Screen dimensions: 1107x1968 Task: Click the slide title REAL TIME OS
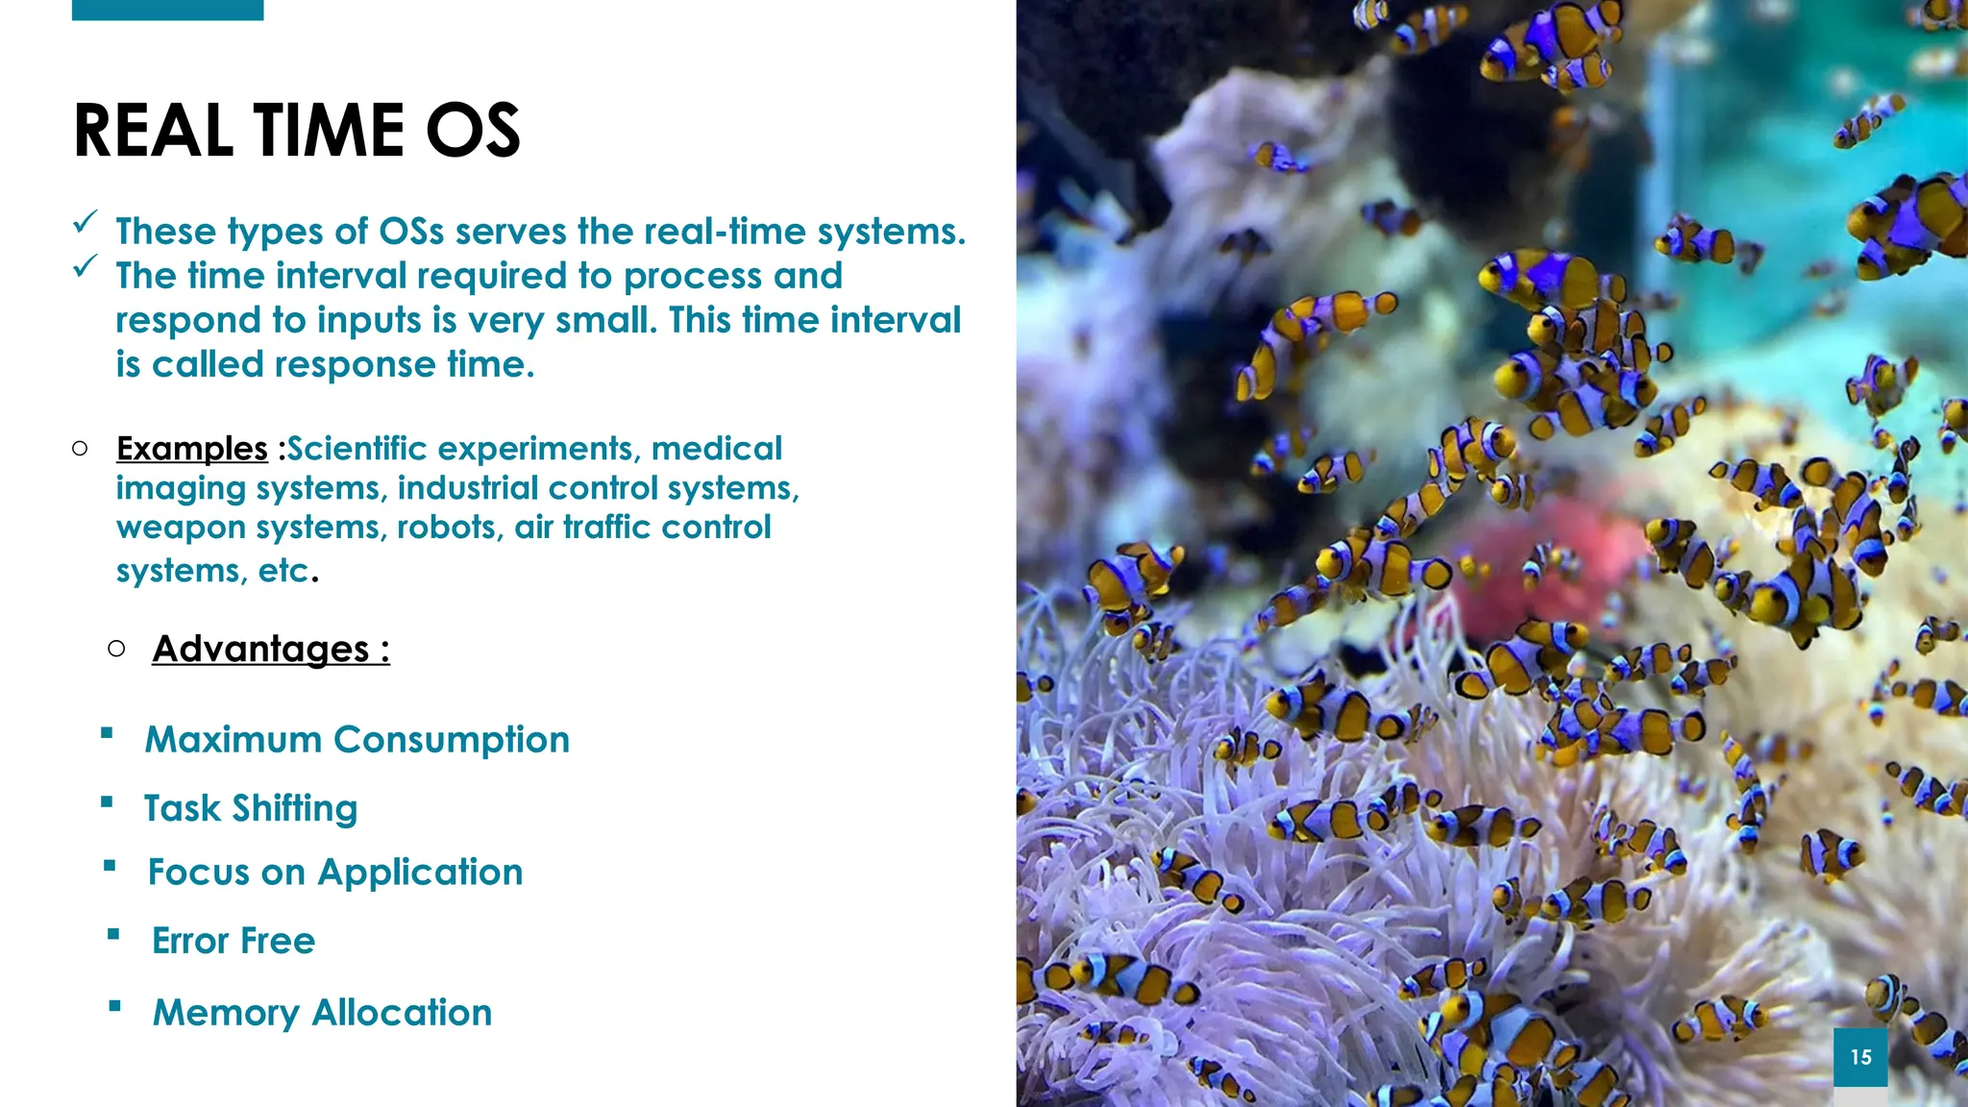296,131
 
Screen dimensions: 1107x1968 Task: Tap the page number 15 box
1859,1057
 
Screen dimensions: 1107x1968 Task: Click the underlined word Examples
191,449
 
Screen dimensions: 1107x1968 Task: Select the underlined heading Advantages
270,650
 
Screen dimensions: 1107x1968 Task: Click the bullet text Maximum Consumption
357,740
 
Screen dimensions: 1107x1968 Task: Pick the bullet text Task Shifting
250,808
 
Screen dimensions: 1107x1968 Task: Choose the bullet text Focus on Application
334,873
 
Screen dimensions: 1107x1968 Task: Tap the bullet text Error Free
233,941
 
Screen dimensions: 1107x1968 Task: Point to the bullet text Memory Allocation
322,1013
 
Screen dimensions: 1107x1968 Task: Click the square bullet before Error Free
113,934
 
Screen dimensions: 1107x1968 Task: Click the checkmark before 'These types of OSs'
85,224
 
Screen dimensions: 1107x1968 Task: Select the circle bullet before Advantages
116,650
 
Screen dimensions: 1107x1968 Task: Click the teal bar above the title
167,10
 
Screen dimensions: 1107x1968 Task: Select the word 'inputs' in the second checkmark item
370,320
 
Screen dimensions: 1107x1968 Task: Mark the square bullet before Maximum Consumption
107,734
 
